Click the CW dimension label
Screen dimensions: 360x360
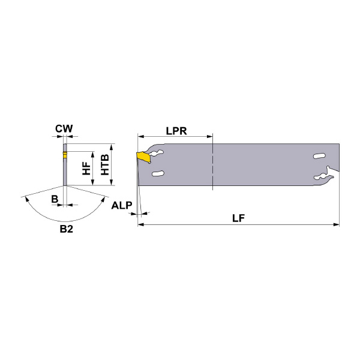(64, 128)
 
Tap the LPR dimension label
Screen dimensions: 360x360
(176, 131)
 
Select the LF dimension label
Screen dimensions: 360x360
(238, 218)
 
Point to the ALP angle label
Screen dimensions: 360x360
(122, 205)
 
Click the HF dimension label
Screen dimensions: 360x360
(86, 168)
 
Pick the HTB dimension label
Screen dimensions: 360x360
(105, 164)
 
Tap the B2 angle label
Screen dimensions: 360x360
(67, 229)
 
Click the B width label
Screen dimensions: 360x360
(55, 199)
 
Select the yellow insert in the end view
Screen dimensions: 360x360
(65, 155)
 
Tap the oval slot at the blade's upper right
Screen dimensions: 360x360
(319, 156)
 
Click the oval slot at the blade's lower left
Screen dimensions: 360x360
(158, 173)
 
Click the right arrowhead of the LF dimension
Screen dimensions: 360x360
(337, 224)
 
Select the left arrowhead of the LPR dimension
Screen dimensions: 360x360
(140, 137)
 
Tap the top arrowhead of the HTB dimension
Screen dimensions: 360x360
(112, 147)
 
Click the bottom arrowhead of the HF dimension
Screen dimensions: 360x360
(93, 182)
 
